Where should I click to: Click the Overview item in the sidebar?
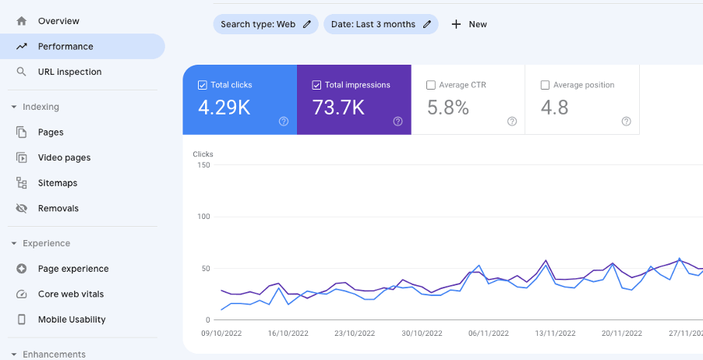pyautogui.click(x=58, y=21)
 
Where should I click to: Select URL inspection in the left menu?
pyautogui.click(x=69, y=72)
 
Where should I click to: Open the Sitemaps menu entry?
pyautogui.click(x=57, y=183)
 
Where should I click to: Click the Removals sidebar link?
pyautogui.click(x=58, y=208)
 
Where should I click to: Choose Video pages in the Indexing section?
pyautogui.click(x=64, y=157)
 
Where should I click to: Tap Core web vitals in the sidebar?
pyautogui.click(x=70, y=294)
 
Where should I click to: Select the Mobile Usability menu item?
pyautogui.click(x=72, y=319)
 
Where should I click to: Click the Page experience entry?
pyautogui.click(x=72, y=269)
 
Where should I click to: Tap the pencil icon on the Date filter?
pyautogui.click(x=427, y=24)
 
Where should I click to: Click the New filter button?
pyautogui.click(x=469, y=24)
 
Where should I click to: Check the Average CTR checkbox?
pyautogui.click(x=431, y=85)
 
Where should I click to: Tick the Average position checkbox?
pyautogui.click(x=545, y=85)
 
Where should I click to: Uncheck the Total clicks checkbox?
pyautogui.click(x=203, y=85)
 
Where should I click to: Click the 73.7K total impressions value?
pyautogui.click(x=338, y=108)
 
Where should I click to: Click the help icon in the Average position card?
pyautogui.click(x=626, y=122)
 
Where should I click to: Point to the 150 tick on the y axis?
pyautogui.click(x=203, y=165)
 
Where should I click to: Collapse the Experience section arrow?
pyautogui.click(x=13, y=243)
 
